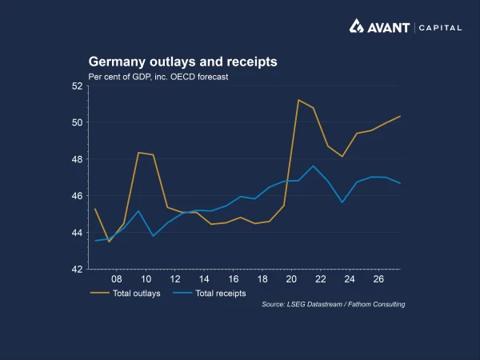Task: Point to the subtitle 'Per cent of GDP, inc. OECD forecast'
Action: (x=158, y=77)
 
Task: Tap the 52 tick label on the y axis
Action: (x=78, y=86)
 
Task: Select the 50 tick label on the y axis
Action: (x=78, y=122)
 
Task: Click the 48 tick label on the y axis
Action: (x=78, y=159)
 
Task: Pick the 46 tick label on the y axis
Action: (x=78, y=196)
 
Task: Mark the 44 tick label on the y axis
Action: (x=78, y=233)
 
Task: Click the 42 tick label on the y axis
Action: (x=78, y=270)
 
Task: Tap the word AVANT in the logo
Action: (x=388, y=27)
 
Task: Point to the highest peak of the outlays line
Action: (x=298, y=100)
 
